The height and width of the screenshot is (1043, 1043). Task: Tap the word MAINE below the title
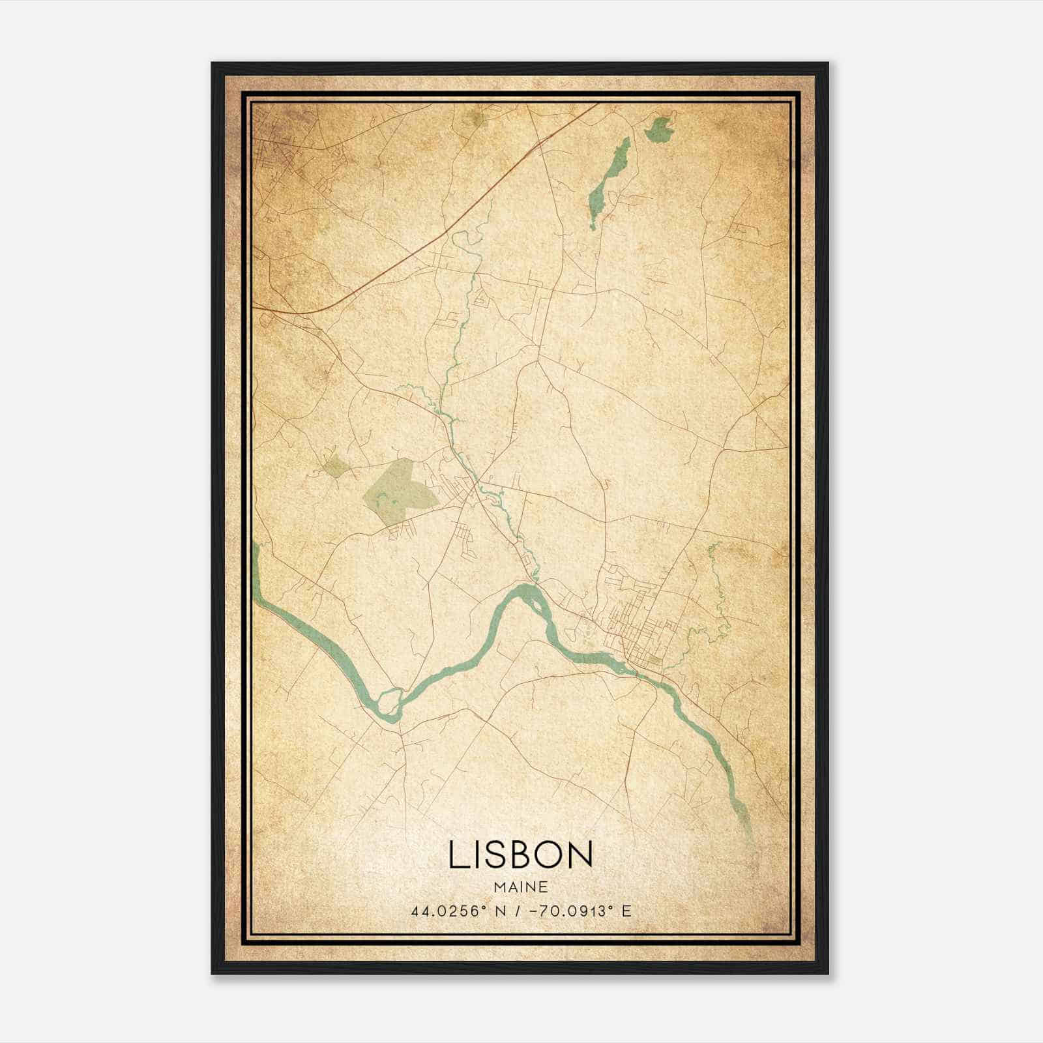(520, 887)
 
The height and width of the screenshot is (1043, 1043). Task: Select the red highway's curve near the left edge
(306, 312)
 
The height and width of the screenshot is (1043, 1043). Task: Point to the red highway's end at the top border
(595, 106)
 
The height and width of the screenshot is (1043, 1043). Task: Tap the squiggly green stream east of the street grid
(717, 587)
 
